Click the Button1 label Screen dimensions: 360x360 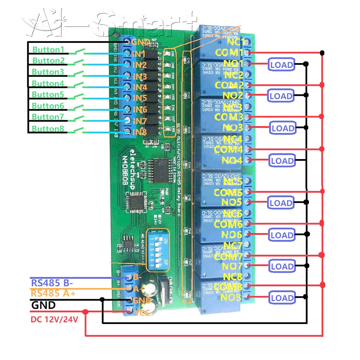[x=48, y=49]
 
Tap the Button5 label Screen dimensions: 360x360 [x=48, y=95]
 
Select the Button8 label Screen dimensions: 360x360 [x=48, y=129]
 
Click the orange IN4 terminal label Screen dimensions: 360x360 [x=139, y=87]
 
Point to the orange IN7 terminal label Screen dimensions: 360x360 [x=139, y=121]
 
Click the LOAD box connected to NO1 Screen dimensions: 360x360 [x=281, y=65]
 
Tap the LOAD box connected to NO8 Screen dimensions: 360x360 [x=282, y=298]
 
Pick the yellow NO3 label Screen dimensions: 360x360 [x=232, y=127]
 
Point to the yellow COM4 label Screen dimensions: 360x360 [x=229, y=149]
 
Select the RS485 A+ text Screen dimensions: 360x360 [x=53, y=293]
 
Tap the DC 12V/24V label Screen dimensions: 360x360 [x=54, y=319]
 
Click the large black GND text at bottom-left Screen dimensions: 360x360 [x=44, y=305]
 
